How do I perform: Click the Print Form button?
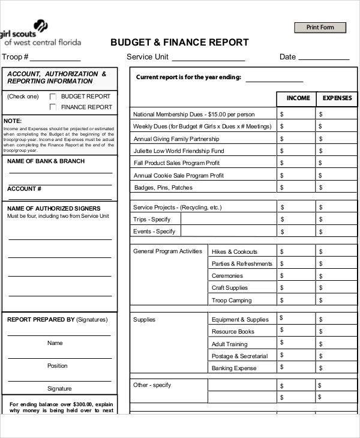(x=320, y=28)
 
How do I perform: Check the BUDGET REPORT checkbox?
(x=53, y=97)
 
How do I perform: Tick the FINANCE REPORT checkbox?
(x=53, y=107)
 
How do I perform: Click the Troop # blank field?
(x=55, y=58)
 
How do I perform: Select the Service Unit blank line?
(x=209, y=58)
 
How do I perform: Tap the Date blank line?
(x=323, y=58)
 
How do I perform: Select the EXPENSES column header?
(x=337, y=98)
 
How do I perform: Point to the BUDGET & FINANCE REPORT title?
(x=179, y=43)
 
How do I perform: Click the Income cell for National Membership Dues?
(x=296, y=114)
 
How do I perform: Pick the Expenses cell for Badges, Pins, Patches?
(x=336, y=188)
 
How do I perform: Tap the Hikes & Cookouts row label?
(x=234, y=252)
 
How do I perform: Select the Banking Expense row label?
(x=233, y=368)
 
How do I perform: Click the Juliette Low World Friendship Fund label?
(x=178, y=151)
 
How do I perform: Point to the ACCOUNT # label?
(x=24, y=189)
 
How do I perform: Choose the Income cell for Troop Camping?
(x=296, y=300)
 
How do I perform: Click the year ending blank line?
(x=274, y=78)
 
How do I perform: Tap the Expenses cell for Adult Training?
(x=336, y=344)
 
